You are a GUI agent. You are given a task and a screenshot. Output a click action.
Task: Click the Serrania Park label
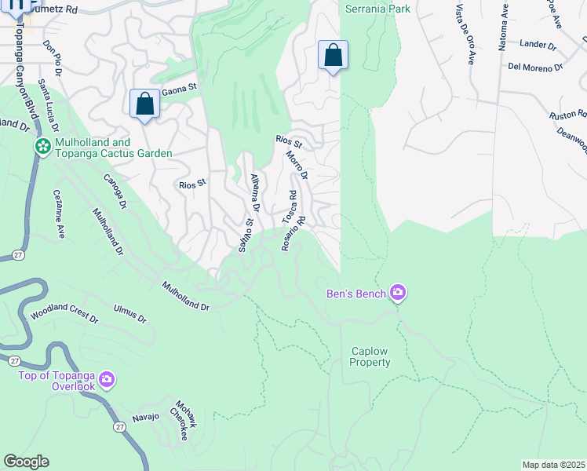point(367,9)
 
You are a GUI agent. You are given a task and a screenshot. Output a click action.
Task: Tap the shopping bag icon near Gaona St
point(144,104)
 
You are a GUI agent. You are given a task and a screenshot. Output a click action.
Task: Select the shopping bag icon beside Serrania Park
point(333,56)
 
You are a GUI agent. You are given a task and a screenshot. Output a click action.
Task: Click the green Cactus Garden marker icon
point(42,146)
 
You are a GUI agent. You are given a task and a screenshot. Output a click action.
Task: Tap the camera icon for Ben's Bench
point(398,293)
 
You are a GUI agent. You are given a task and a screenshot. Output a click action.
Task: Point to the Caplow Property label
point(370,357)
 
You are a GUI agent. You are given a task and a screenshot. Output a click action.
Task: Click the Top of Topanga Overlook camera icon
point(107,381)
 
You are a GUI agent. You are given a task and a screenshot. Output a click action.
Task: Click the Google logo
point(26,462)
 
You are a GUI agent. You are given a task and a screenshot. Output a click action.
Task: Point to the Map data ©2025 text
point(553,465)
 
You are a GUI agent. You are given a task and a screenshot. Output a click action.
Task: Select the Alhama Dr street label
point(253,192)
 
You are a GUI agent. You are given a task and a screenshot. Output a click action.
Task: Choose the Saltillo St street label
point(246,235)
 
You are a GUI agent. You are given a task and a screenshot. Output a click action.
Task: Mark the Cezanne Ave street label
point(58,214)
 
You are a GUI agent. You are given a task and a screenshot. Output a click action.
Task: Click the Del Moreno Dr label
point(536,68)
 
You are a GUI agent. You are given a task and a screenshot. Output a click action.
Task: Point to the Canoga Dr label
point(114,192)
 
